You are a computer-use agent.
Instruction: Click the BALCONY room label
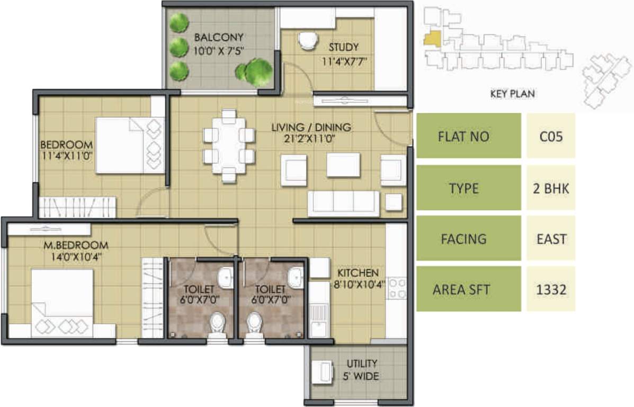(218, 37)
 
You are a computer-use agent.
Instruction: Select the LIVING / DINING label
(311, 127)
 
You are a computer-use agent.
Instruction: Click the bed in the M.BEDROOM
(62, 302)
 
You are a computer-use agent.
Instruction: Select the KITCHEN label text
(359, 273)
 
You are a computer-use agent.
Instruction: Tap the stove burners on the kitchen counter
(397, 288)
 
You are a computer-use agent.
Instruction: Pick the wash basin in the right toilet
(295, 276)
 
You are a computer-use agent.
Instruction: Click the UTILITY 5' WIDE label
(362, 370)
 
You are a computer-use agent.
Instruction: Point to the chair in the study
(307, 41)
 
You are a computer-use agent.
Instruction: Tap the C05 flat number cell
(551, 136)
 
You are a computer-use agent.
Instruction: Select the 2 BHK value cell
(551, 188)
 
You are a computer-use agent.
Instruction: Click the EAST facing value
(551, 238)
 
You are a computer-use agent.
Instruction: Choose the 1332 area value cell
(551, 289)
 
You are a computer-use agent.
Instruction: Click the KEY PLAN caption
(512, 94)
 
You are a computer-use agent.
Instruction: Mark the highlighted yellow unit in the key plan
(431, 39)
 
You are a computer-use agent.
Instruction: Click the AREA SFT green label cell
(468, 289)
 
